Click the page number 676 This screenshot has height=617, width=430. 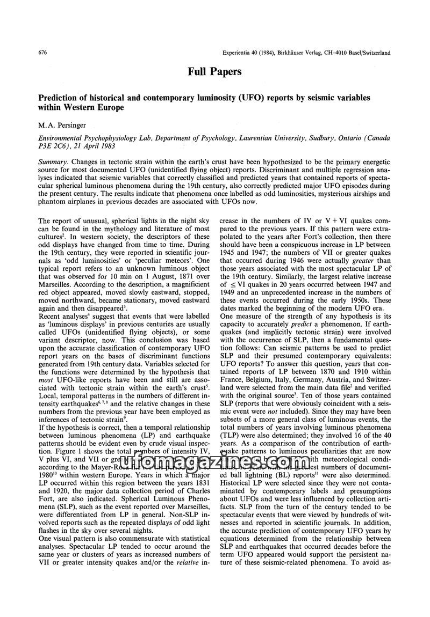click(x=45, y=53)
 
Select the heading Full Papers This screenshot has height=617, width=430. click(x=214, y=71)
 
